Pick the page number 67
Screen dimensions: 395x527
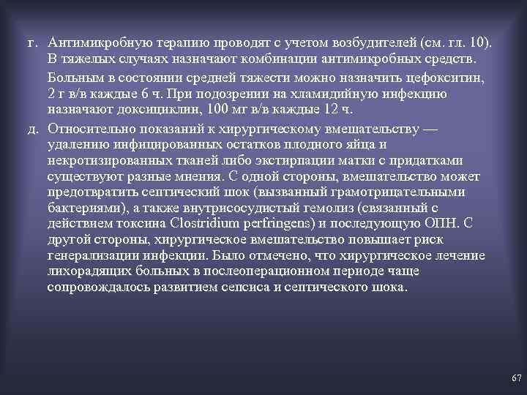tap(516, 378)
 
